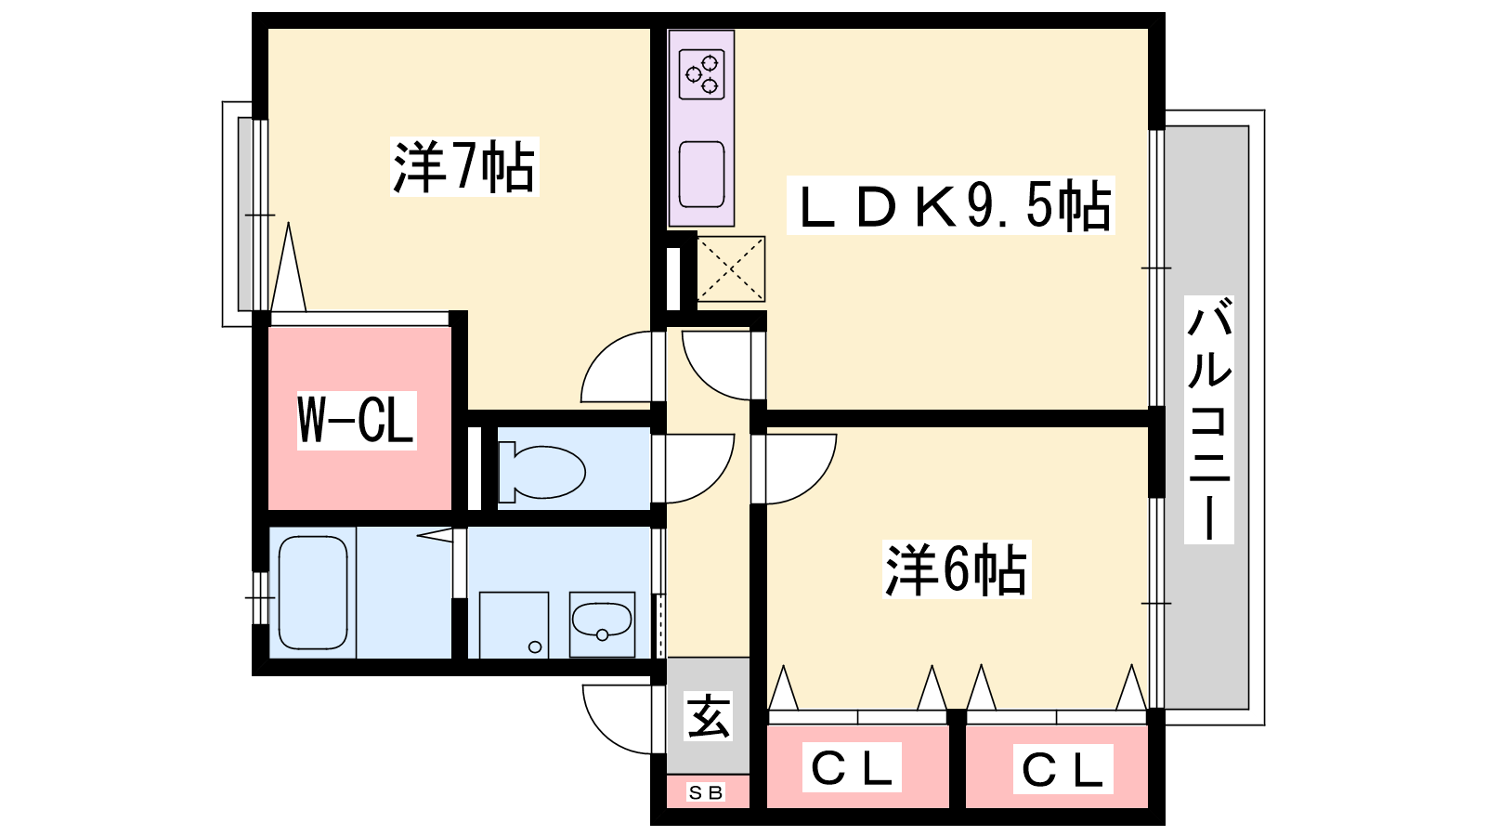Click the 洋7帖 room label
tap(464, 167)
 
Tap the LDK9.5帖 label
tap(950, 205)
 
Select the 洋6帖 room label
tap(957, 569)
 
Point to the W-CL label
tap(357, 421)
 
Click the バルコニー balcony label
tap(1209, 419)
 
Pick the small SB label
tap(706, 792)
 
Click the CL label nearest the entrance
tap(852, 768)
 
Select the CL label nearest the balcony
tap(1062, 770)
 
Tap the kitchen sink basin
tap(701, 174)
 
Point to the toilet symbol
tap(541, 471)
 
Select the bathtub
tap(313, 593)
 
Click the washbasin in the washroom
tap(602, 621)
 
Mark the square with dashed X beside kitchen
tap(731, 268)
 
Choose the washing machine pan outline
tap(514, 625)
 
